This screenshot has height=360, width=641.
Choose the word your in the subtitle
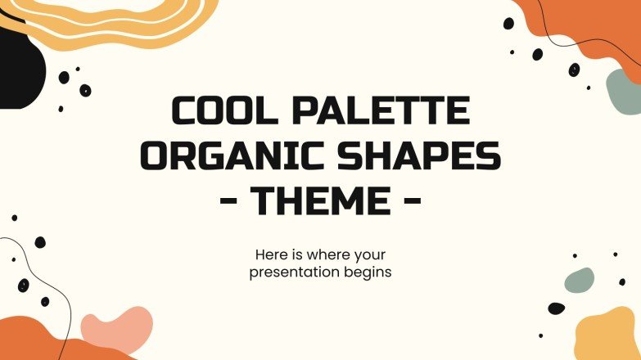373,254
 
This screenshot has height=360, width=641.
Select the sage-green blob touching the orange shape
625,90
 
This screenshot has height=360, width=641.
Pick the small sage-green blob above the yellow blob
580,281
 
